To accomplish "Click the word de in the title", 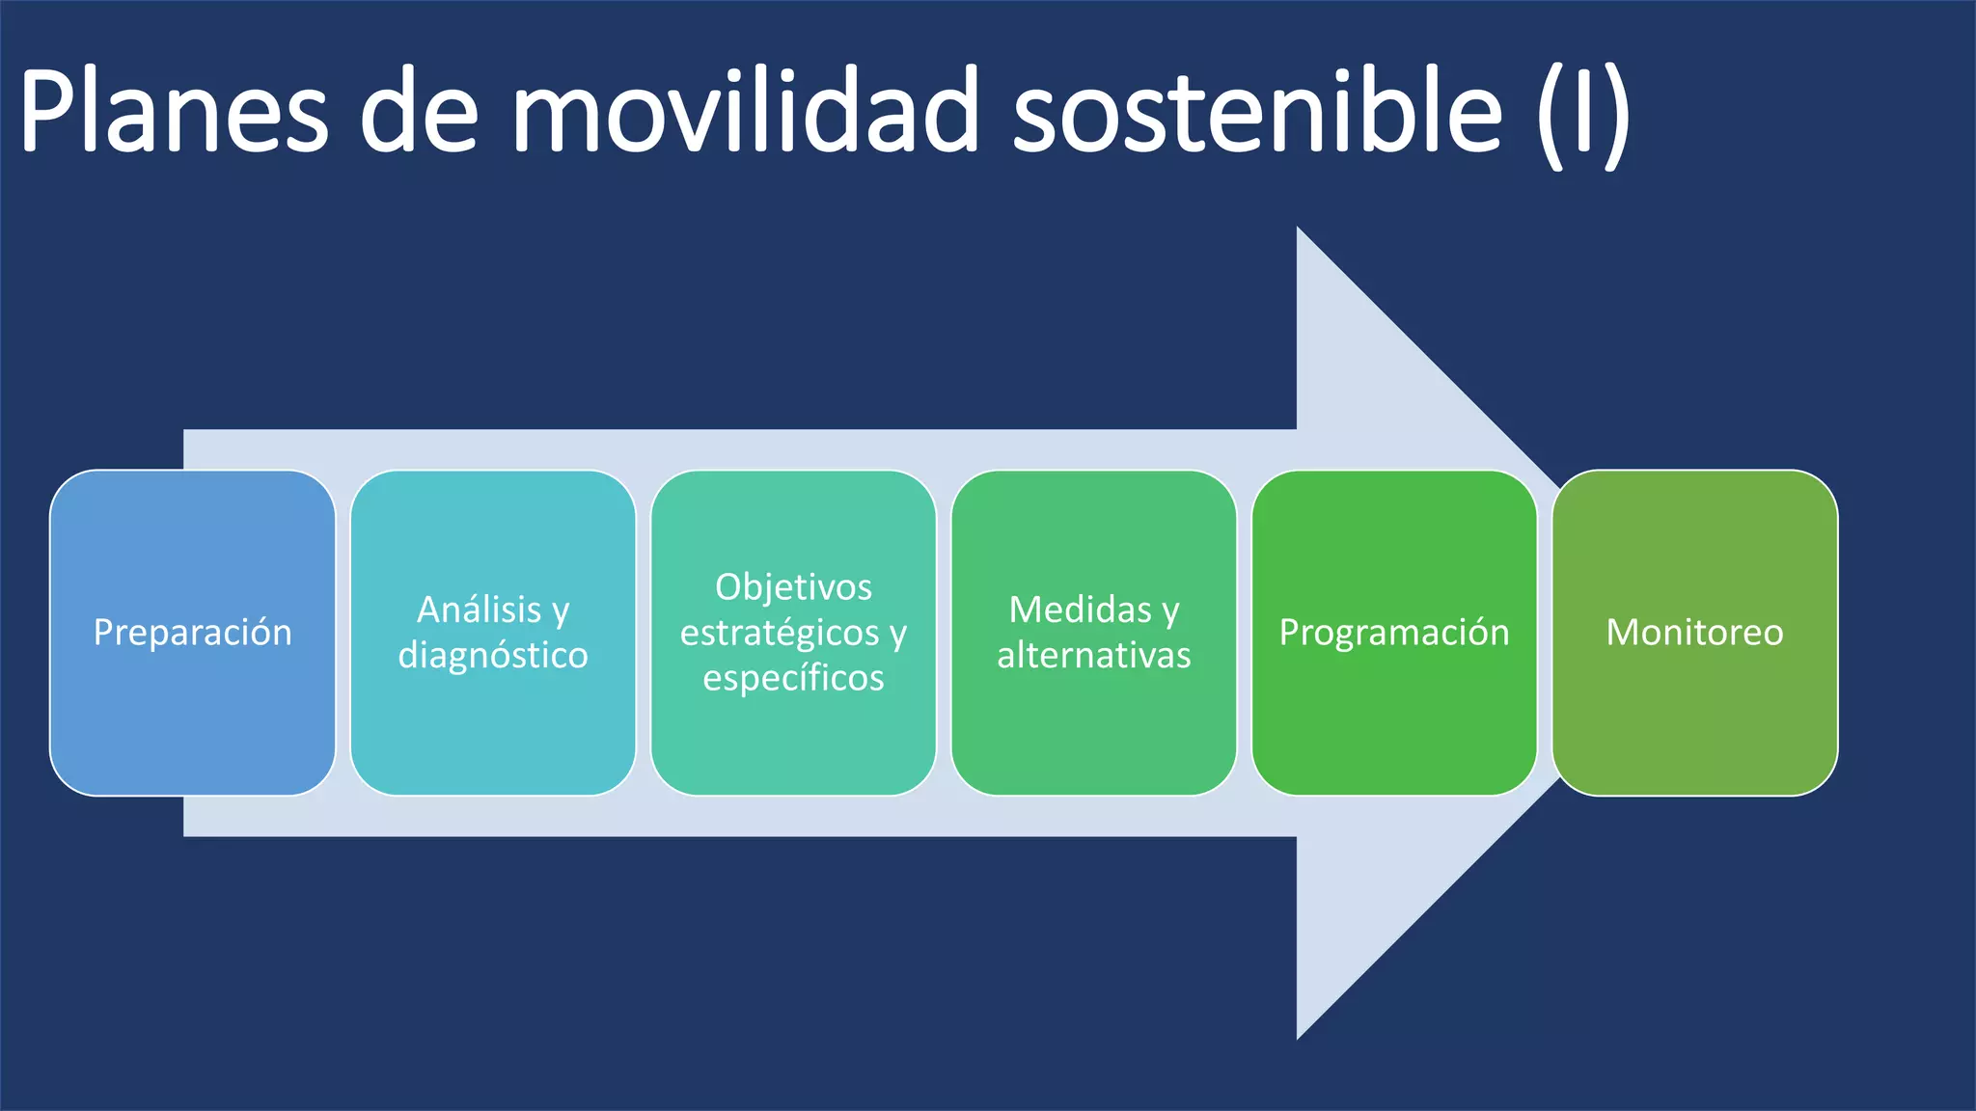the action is [x=419, y=111].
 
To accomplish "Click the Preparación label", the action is [x=193, y=633].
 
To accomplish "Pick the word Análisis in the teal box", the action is [x=479, y=610].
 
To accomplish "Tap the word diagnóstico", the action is [x=493, y=656].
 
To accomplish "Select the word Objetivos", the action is [x=793, y=587].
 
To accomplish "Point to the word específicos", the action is [x=793, y=678].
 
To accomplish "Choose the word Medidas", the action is [x=1080, y=610].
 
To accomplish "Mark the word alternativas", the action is [x=1094, y=656].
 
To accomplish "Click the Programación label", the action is [x=1394, y=633].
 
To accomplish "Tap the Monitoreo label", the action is [x=1694, y=633].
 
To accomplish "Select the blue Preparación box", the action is [x=193, y=723].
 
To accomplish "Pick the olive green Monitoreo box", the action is [x=1694, y=723].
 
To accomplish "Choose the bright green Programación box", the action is [x=1394, y=723].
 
